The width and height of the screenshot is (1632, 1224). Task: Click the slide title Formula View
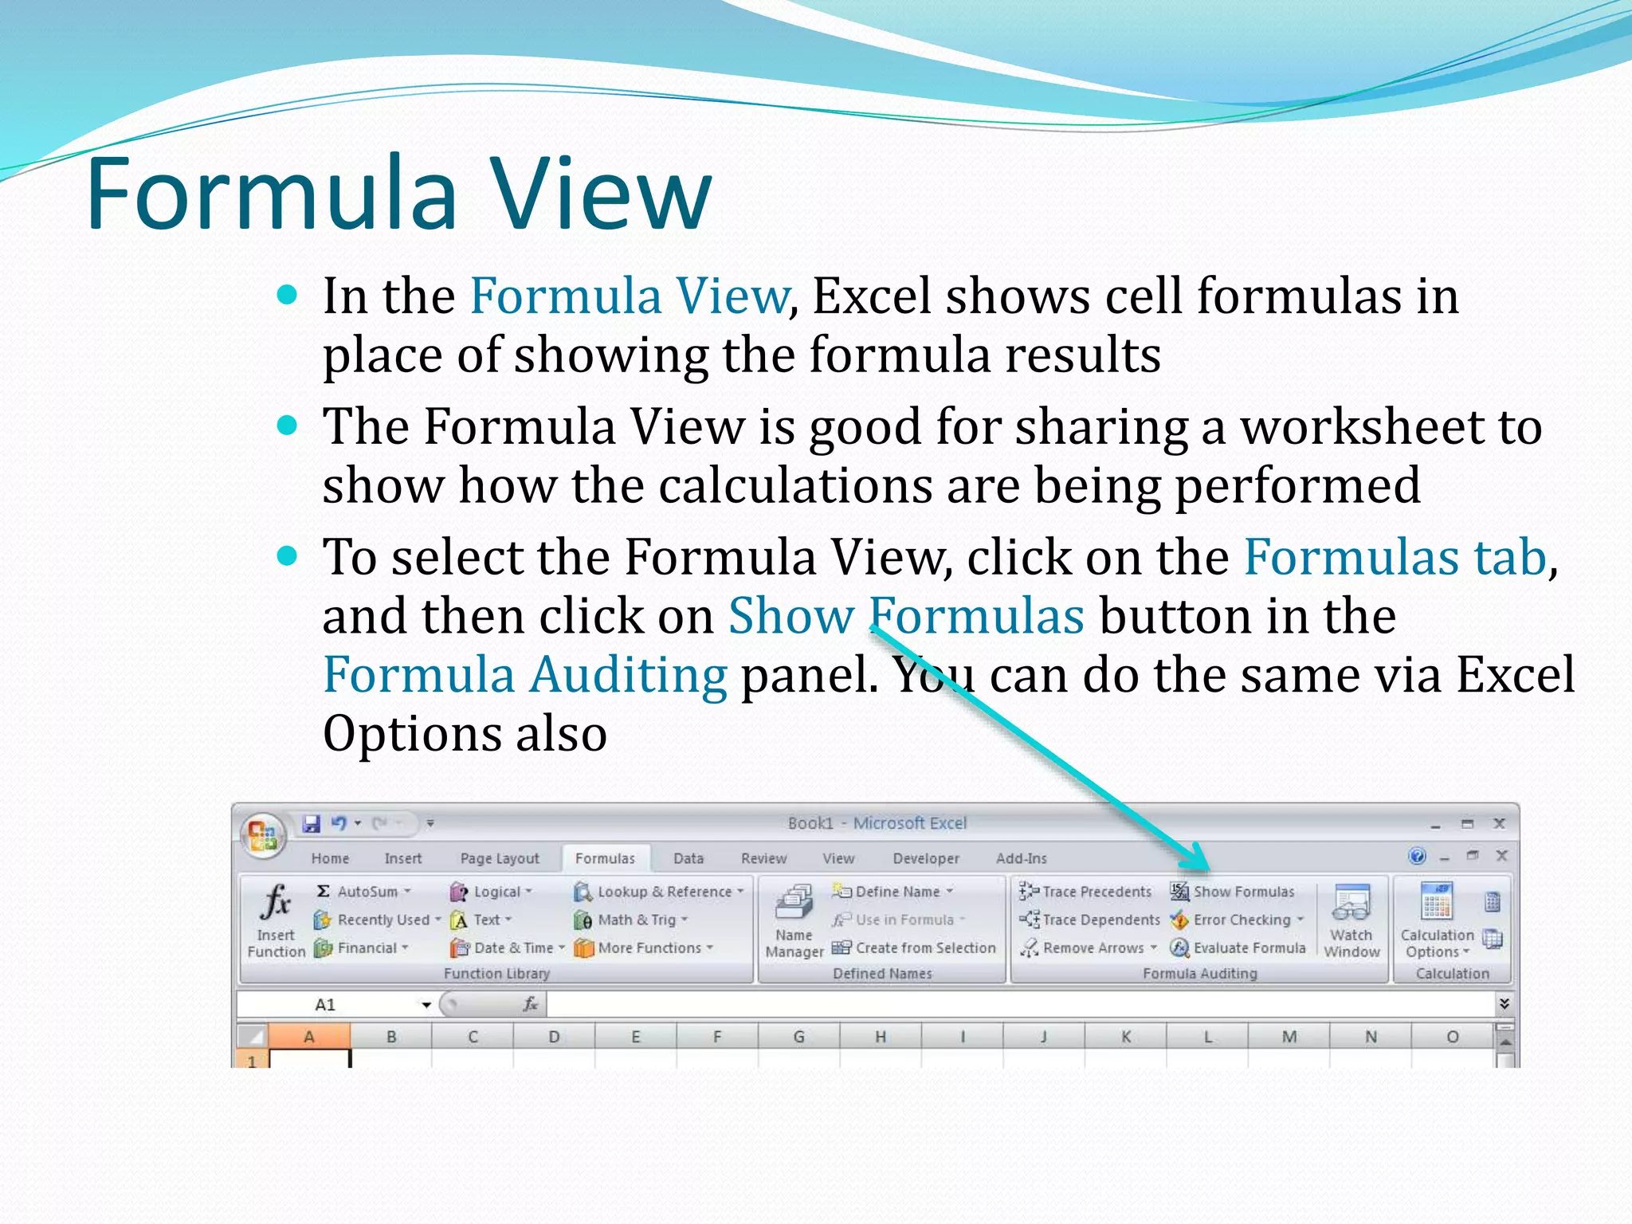click(x=398, y=194)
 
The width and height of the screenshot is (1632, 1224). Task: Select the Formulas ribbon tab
click(x=605, y=858)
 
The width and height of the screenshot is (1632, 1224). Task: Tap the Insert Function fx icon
click(x=276, y=903)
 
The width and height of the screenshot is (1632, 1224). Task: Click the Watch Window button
click(x=1351, y=920)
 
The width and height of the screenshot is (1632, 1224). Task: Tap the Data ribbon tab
click(x=688, y=858)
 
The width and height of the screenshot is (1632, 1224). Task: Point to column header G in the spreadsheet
click(x=798, y=1037)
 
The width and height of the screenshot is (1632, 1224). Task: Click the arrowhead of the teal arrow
click(x=1199, y=861)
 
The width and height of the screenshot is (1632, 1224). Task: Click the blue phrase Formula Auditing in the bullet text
click(x=524, y=675)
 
